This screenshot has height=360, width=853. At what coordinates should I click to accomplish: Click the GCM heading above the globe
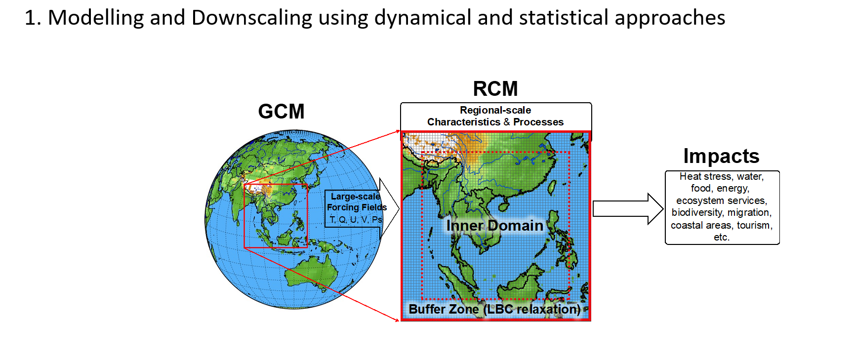(281, 112)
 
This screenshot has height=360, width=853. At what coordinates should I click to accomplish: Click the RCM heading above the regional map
(495, 89)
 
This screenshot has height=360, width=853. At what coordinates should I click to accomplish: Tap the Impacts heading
(721, 156)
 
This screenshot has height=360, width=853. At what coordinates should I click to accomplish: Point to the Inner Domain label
(494, 226)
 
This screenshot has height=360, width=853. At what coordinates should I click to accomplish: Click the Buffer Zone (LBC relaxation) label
(494, 309)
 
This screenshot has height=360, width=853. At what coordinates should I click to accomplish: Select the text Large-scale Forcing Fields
(357, 202)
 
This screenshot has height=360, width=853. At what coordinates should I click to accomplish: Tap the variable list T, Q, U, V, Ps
(356, 220)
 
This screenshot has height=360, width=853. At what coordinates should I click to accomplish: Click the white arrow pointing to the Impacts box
(628, 209)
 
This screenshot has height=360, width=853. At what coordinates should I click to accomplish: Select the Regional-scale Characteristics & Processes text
(495, 116)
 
